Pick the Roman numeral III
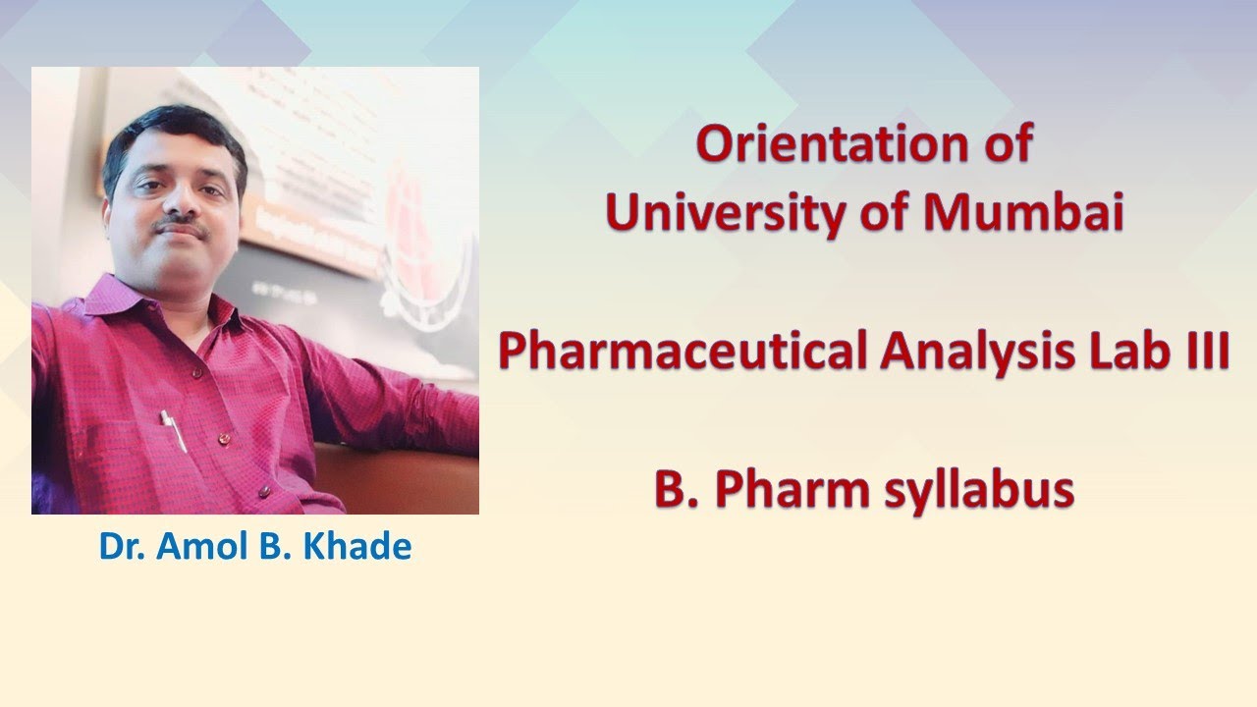[x=1209, y=353]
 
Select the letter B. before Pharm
[x=677, y=490]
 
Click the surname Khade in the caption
[x=362, y=546]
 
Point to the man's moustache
[x=183, y=229]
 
